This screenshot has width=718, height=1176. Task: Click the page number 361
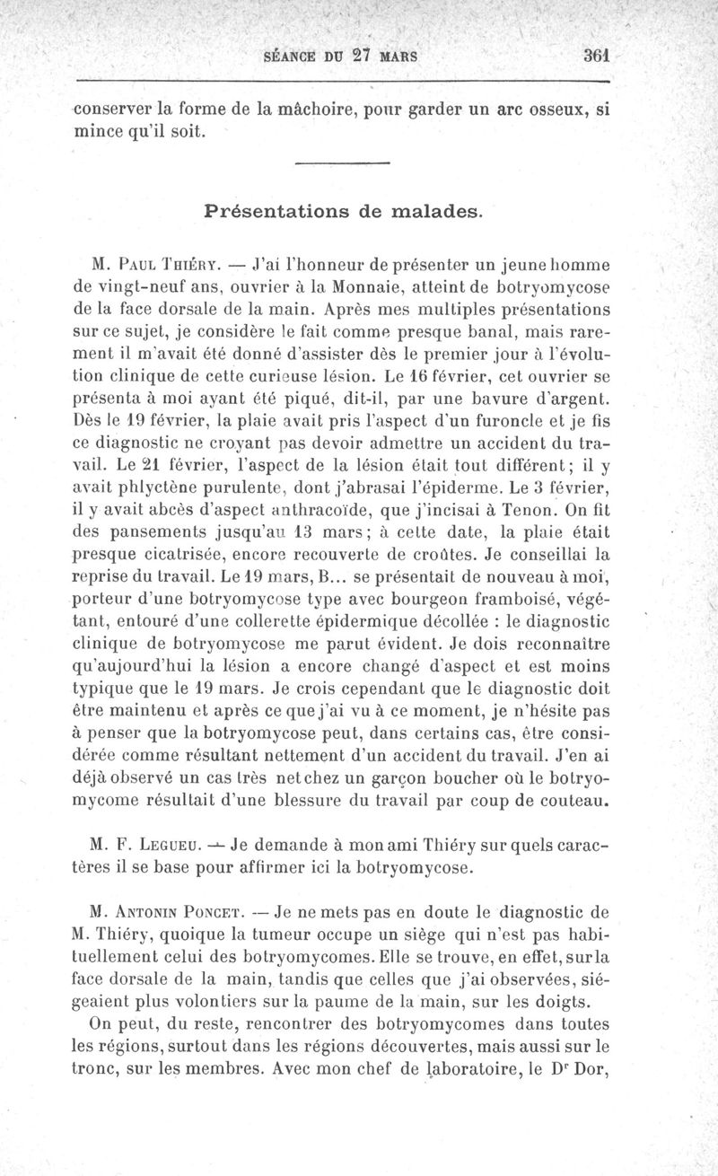pyautogui.click(x=598, y=54)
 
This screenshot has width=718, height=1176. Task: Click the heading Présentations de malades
pyautogui.click(x=343, y=213)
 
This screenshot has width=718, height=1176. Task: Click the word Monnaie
pyautogui.click(x=363, y=288)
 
